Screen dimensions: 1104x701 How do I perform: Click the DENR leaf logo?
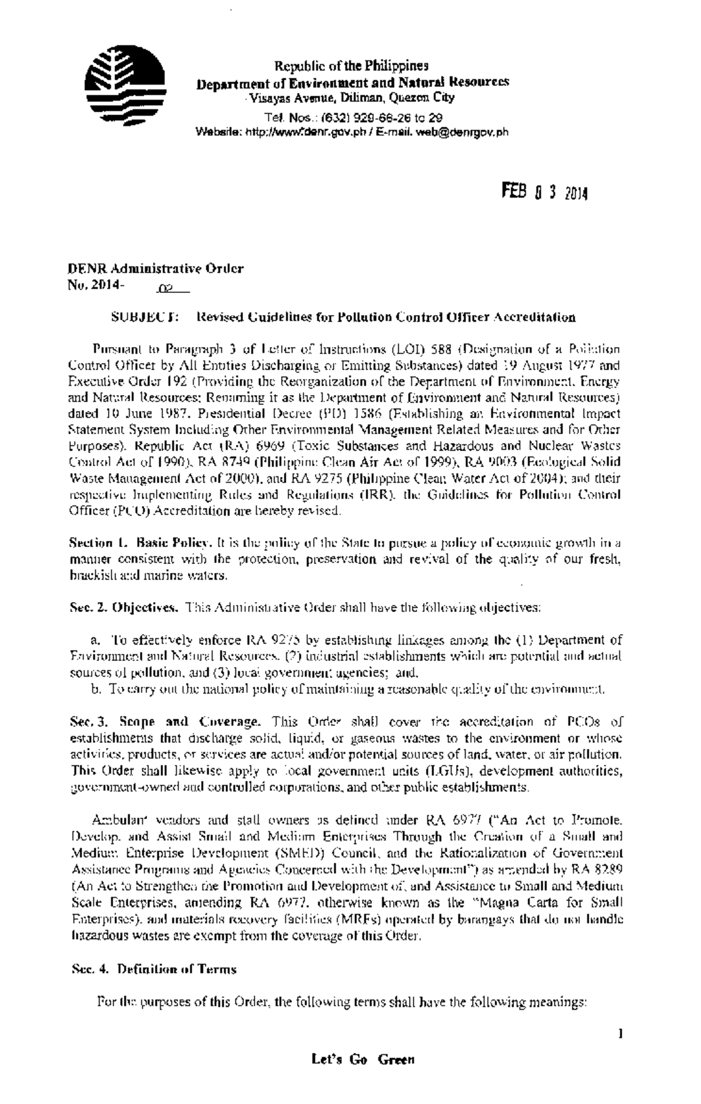124,86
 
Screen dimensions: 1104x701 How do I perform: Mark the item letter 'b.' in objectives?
95,689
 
